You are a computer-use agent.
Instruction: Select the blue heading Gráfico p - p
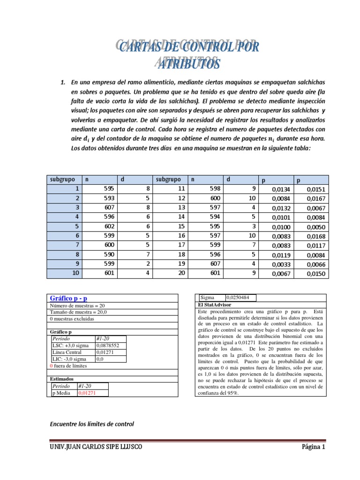[68, 298]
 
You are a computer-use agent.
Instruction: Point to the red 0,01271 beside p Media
[87, 393]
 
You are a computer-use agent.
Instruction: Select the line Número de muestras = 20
[77, 306]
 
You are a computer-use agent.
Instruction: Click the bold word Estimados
[62, 378]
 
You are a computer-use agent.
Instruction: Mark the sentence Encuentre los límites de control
[91, 424]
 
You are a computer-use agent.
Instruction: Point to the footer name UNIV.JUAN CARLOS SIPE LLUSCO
[96, 447]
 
